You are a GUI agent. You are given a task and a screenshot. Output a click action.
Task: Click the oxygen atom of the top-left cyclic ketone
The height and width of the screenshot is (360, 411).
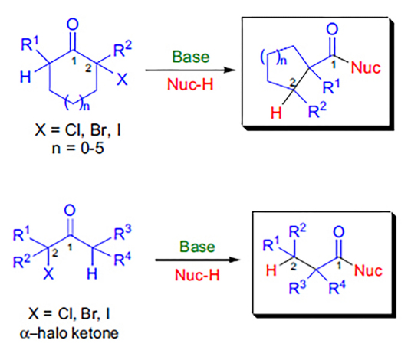click(73, 25)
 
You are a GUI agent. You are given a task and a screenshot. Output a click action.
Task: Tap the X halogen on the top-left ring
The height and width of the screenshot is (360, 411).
click(122, 79)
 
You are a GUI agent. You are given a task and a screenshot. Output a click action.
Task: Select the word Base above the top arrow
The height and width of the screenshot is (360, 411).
click(191, 57)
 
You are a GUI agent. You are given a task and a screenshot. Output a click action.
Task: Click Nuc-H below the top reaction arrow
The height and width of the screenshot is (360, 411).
click(190, 84)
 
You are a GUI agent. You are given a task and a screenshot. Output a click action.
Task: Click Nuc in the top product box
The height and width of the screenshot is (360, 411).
click(366, 67)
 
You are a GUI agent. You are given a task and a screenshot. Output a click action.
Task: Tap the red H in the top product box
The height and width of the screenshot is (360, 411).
click(276, 113)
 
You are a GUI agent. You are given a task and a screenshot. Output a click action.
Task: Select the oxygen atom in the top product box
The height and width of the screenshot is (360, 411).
click(332, 29)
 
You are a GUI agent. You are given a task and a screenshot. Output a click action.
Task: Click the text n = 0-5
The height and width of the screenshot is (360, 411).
click(78, 148)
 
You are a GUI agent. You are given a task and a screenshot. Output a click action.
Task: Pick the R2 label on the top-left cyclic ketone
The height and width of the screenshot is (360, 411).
click(123, 49)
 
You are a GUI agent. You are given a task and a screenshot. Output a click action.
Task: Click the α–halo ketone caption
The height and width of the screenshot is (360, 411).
click(69, 333)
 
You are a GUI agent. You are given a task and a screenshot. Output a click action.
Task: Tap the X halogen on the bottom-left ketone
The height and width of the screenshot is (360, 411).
click(48, 274)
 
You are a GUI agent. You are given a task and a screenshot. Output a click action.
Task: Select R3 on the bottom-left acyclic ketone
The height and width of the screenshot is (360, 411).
click(123, 233)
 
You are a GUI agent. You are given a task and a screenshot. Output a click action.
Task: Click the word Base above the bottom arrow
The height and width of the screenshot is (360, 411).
click(197, 247)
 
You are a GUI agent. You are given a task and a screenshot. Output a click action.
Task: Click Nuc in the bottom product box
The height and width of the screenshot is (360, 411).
click(368, 270)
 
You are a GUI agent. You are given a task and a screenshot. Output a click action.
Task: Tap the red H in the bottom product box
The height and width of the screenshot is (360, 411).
click(271, 270)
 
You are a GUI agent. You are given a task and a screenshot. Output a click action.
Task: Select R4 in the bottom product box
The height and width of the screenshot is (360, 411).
click(337, 287)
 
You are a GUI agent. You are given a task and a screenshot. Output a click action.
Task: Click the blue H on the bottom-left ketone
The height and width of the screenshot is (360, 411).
click(92, 274)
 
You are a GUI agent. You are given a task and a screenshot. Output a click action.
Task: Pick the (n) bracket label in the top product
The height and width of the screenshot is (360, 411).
click(274, 57)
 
